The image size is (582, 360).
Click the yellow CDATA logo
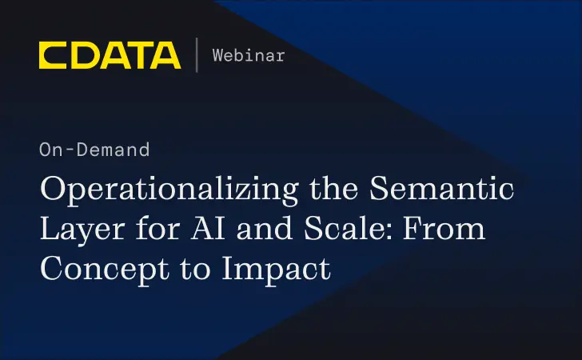110,55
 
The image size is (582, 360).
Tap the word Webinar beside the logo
248,55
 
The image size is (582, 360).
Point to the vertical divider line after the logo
197,55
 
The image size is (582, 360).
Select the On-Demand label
94,150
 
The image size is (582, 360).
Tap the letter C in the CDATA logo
53,55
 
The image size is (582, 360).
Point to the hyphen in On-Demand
65,150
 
